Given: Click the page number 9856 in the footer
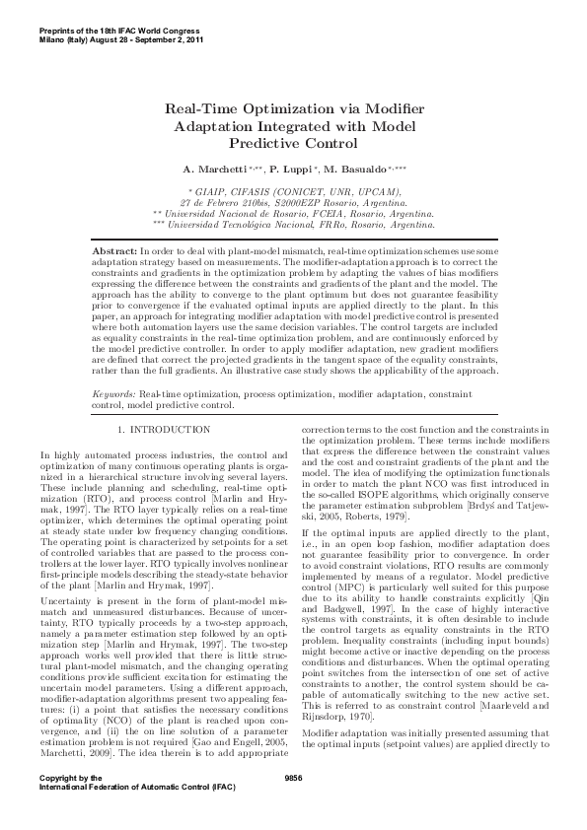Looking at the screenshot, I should pyautogui.click(x=293, y=805).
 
